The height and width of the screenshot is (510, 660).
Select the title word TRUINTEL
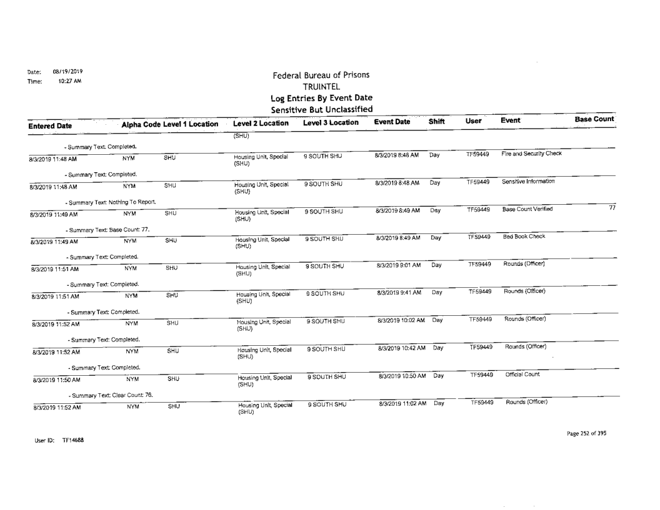click(x=320, y=87)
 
